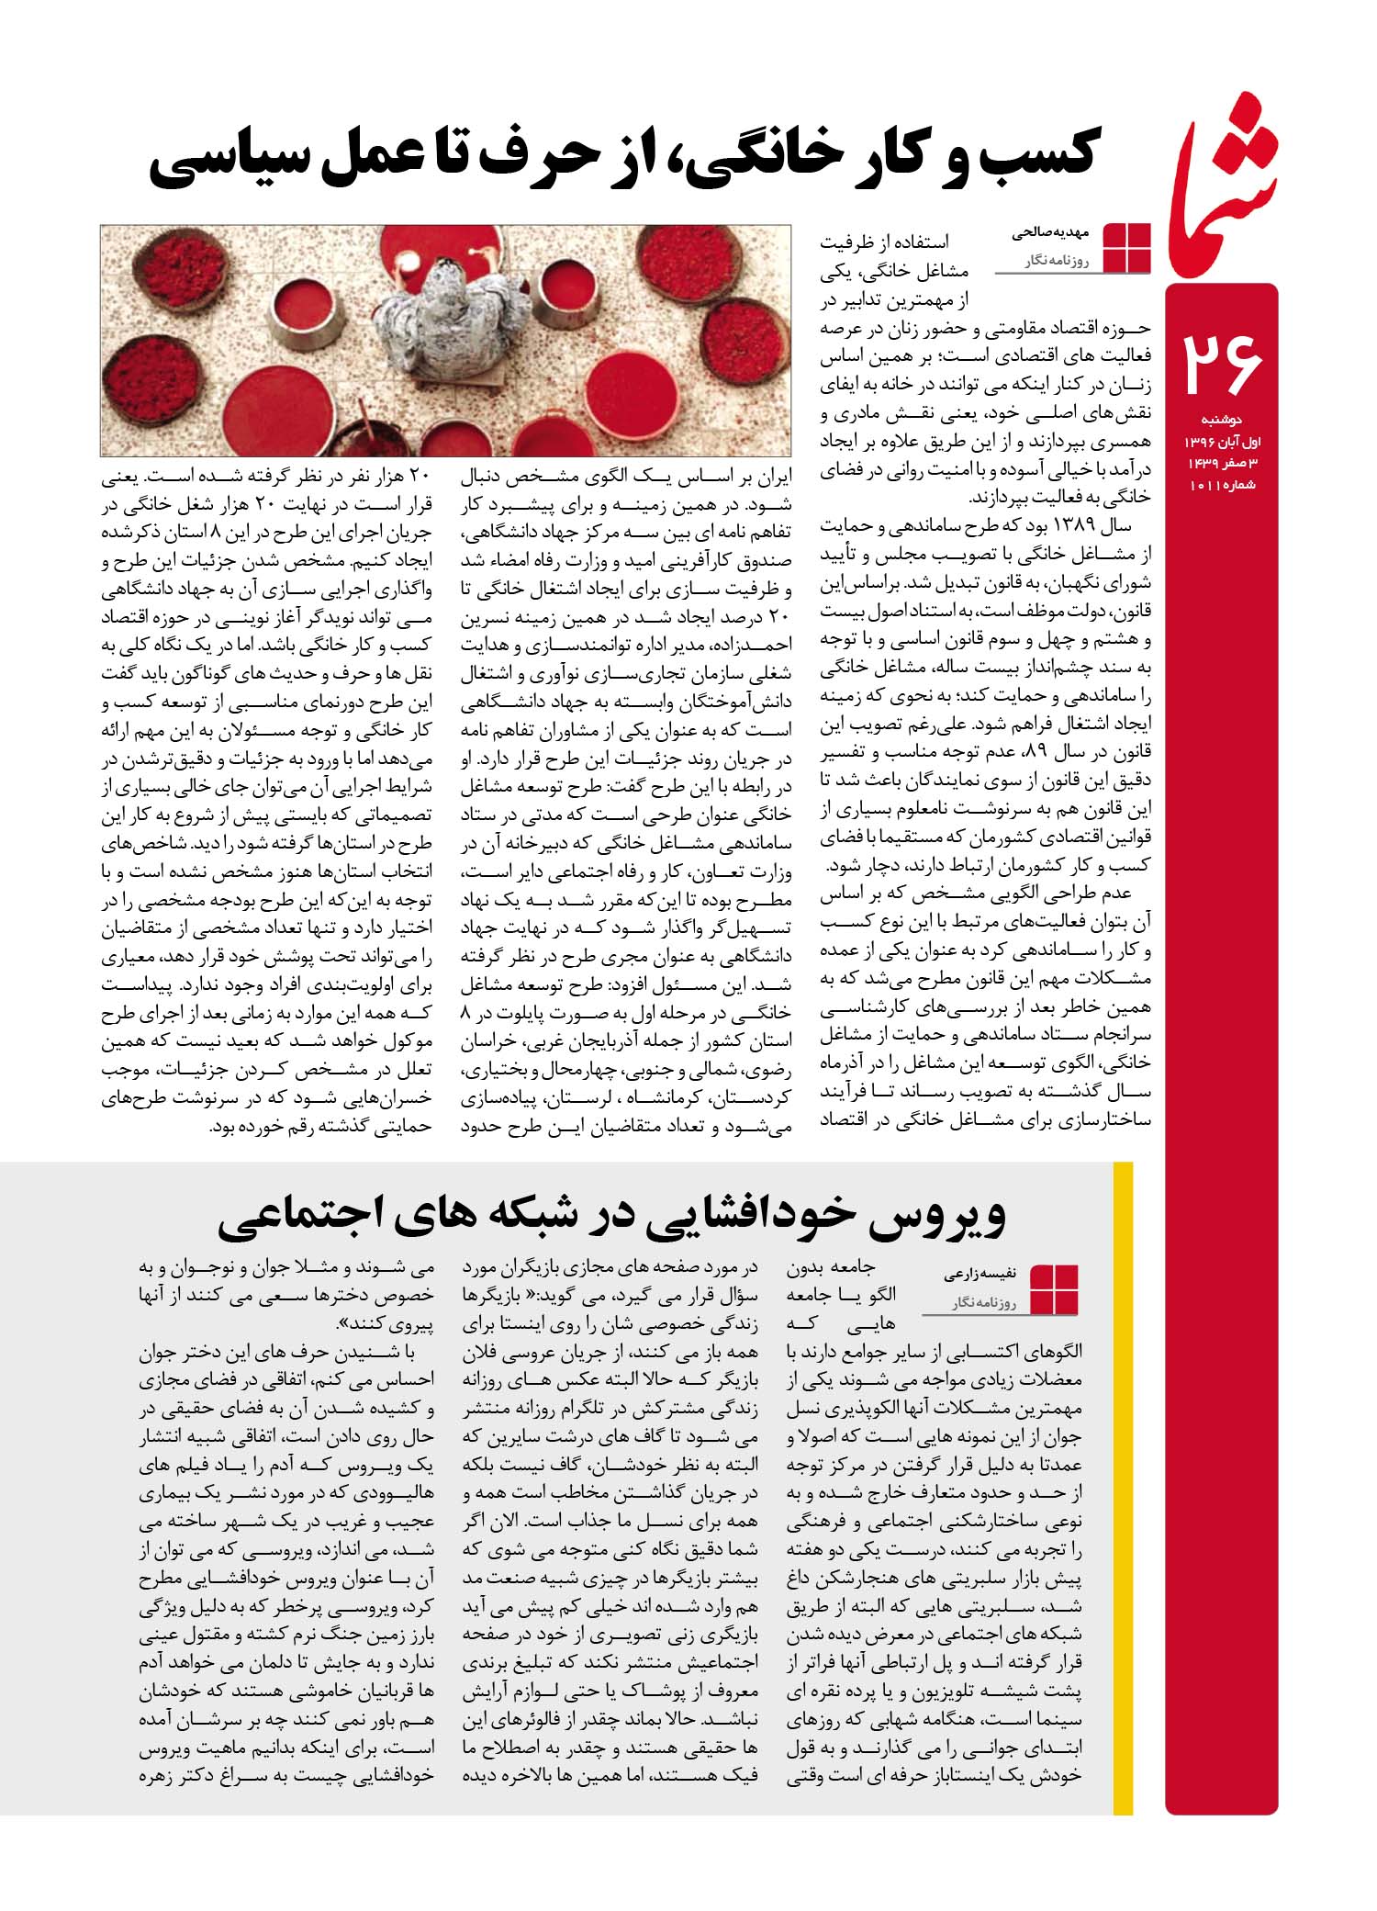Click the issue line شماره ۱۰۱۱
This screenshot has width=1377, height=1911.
(1223, 484)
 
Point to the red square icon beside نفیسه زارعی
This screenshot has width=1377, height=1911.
(1055, 1290)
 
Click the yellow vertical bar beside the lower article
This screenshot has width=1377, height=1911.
(1122, 1488)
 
